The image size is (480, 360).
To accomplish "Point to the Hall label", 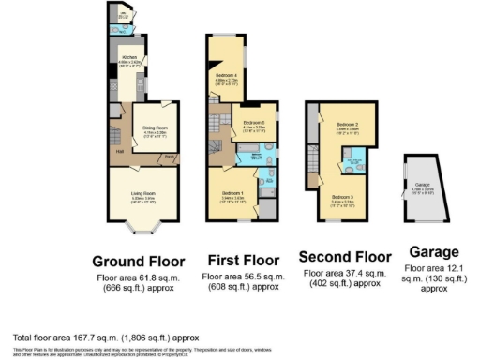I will pyautogui.click(x=121, y=150).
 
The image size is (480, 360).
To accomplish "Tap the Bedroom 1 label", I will pyautogui.click(x=232, y=194).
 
